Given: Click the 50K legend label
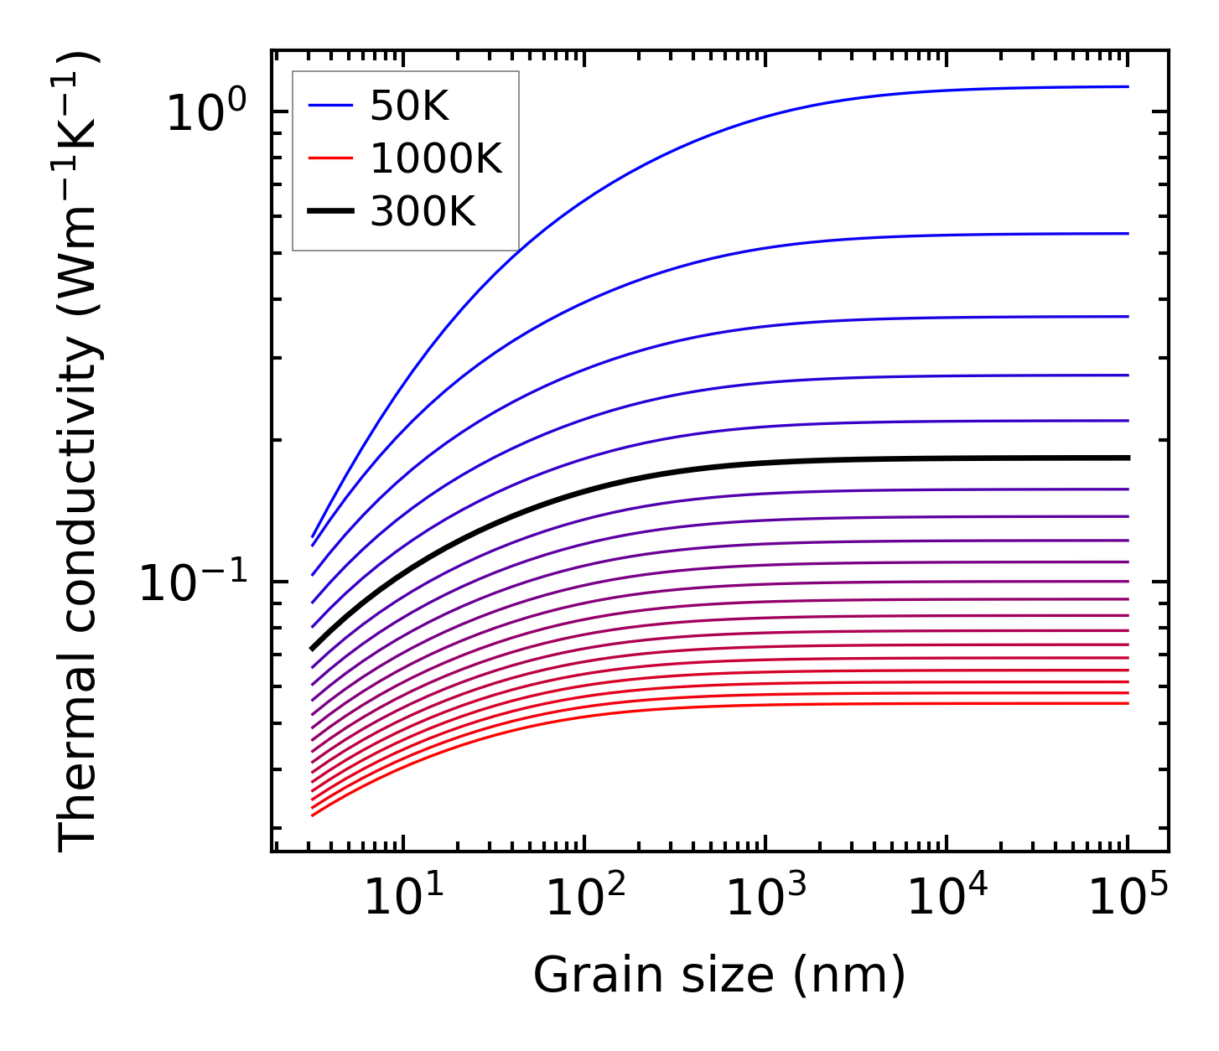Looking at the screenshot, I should pyautogui.click(x=409, y=106).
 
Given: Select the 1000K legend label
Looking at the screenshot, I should pyautogui.click(x=435, y=159).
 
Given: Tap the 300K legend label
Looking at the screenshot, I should pyautogui.click(x=422, y=213).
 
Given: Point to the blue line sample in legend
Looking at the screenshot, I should pyautogui.click(x=332, y=106).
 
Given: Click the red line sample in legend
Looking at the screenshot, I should pyautogui.click(x=332, y=159).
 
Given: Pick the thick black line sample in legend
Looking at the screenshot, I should pyautogui.click(x=332, y=213).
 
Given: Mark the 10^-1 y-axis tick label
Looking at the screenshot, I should pyautogui.click(x=195, y=582).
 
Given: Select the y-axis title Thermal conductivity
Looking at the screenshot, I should pyautogui.click(x=80, y=453).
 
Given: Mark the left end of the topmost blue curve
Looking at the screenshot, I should pyautogui.click(x=313, y=536).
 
